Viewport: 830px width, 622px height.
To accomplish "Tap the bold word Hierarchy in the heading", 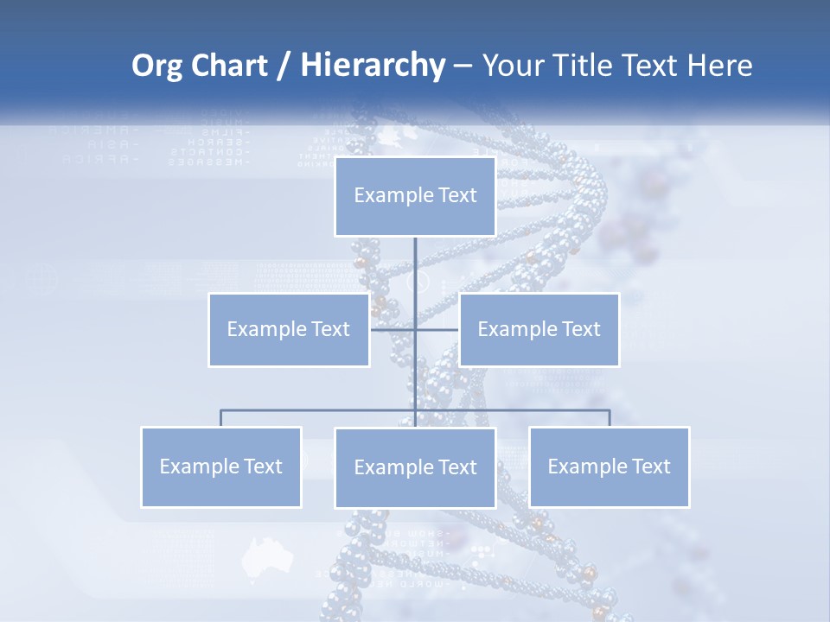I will (x=372, y=66).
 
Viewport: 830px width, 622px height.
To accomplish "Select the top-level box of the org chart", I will (x=415, y=196).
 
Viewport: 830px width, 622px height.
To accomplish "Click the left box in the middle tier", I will (x=289, y=329).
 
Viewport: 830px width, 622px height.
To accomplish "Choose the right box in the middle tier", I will (x=539, y=329).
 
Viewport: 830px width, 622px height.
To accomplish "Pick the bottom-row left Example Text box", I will (x=221, y=466).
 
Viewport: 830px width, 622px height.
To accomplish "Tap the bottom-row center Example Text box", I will (x=415, y=467).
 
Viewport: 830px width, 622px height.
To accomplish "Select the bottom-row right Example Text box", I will (x=609, y=466).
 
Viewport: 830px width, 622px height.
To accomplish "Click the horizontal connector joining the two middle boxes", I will (x=437, y=329).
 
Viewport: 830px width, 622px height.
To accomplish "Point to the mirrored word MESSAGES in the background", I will (x=209, y=162).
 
